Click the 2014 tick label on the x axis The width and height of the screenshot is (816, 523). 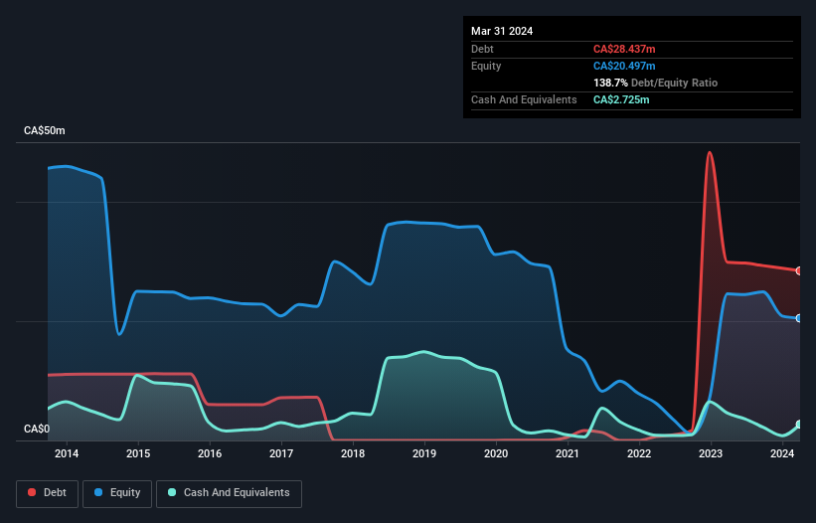(67, 454)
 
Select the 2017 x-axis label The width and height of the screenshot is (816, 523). (281, 454)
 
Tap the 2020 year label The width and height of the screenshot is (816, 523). (496, 454)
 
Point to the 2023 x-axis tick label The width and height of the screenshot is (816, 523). (711, 454)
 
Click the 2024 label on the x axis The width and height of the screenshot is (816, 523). (782, 454)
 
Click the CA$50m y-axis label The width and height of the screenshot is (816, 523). (44, 131)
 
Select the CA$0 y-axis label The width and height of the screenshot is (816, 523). (36, 429)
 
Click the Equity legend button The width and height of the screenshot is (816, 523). (118, 493)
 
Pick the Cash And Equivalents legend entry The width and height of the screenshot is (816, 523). (229, 493)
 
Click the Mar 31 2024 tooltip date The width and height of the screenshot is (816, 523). (502, 31)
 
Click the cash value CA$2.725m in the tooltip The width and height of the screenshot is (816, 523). (621, 99)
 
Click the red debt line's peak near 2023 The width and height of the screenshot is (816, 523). (709, 153)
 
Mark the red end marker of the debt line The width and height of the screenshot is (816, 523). (799, 270)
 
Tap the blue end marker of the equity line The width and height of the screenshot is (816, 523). (799, 318)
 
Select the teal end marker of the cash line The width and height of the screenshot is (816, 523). (799, 425)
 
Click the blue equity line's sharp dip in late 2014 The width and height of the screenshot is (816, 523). (119, 333)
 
